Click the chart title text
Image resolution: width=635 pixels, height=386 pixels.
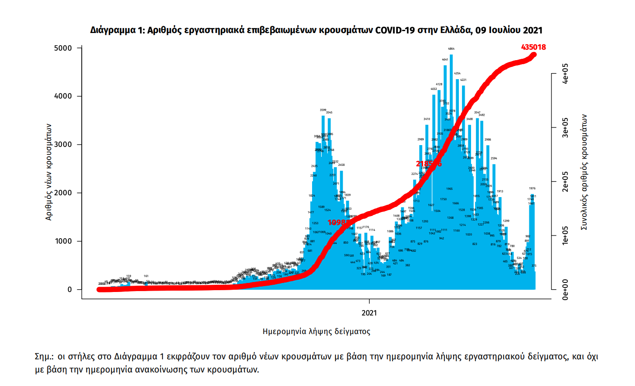(316, 30)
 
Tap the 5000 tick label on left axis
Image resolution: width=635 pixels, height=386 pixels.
(63, 48)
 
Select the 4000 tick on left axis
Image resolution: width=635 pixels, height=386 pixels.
(63, 96)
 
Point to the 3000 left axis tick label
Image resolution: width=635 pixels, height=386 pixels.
(63, 145)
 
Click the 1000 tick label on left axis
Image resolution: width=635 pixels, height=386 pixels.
(63, 241)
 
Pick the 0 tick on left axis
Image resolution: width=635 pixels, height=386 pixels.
(70, 290)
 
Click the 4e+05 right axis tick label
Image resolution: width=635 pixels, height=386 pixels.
(565, 73)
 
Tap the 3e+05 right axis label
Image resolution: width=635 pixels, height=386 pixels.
(565, 127)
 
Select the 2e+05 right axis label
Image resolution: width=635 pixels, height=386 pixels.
(565, 182)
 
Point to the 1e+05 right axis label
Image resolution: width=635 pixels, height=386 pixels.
(565, 235)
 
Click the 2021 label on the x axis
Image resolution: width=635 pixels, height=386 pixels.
(369, 313)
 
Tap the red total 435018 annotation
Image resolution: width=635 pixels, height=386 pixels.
(533, 47)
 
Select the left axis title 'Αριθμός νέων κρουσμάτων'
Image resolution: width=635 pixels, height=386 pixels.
(49, 172)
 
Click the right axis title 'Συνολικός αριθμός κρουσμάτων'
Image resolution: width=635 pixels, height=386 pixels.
(584, 172)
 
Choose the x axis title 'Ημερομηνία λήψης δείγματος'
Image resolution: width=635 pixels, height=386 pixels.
(316, 331)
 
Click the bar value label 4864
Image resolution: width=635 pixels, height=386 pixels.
(451, 49)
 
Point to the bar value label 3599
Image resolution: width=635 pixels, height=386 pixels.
(323, 110)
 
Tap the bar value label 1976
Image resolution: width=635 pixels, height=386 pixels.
(532, 188)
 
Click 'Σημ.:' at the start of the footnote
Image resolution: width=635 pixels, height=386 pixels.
(44, 356)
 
